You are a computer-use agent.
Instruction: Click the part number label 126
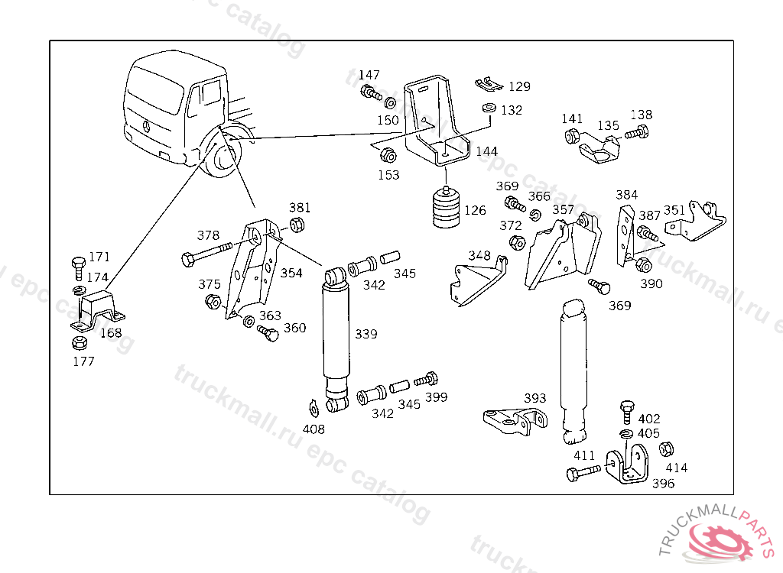click(x=475, y=210)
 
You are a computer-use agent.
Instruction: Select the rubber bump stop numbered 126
click(x=446, y=208)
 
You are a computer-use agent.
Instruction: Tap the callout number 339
click(x=366, y=334)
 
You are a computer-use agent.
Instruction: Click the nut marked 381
click(x=297, y=225)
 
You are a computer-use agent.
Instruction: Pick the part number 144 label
click(x=486, y=151)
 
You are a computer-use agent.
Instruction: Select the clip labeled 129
click(x=489, y=84)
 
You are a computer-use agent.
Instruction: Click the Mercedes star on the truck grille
click(x=146, y=126)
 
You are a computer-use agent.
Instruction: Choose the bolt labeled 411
click(x=583, y=471)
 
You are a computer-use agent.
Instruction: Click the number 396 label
click(x=663, y=483)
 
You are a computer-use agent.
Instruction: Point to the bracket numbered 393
click(x=515, y=421)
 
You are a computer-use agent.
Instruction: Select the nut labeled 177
click(x=80, y=343)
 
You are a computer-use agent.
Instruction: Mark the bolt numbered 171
click(x=79, y=268)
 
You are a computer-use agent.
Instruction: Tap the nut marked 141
click(x=572, y=136)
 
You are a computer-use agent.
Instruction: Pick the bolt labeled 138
click(x=637, y=133)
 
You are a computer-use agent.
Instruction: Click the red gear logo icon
click(x=720, y=541)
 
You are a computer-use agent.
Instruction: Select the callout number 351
click(x=674, y=210)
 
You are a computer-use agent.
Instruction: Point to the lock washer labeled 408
click(x=313, y=408)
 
